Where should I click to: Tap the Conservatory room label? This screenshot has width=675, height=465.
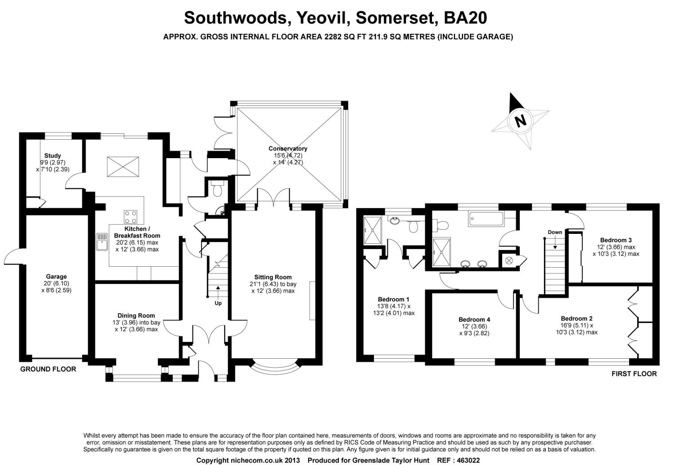[288, 149]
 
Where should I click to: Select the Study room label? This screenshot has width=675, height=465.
[53, 156]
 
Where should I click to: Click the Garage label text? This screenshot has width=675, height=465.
[56, 277]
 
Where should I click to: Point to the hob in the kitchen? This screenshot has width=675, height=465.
[131, 217]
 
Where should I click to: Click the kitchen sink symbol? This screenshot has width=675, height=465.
[101, 242]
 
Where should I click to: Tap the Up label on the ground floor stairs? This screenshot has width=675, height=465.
[218, 303]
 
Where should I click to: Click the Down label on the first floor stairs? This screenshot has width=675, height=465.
[555, 232]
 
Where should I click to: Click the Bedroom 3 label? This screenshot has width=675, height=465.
[616, 240]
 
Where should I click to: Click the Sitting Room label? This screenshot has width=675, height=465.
[273, 277]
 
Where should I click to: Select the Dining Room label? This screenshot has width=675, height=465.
[136, 316]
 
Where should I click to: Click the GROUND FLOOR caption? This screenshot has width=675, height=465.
[48, 369]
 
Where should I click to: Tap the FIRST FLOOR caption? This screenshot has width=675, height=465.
[634, 374]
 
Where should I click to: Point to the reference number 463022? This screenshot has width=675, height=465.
[468, 460]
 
